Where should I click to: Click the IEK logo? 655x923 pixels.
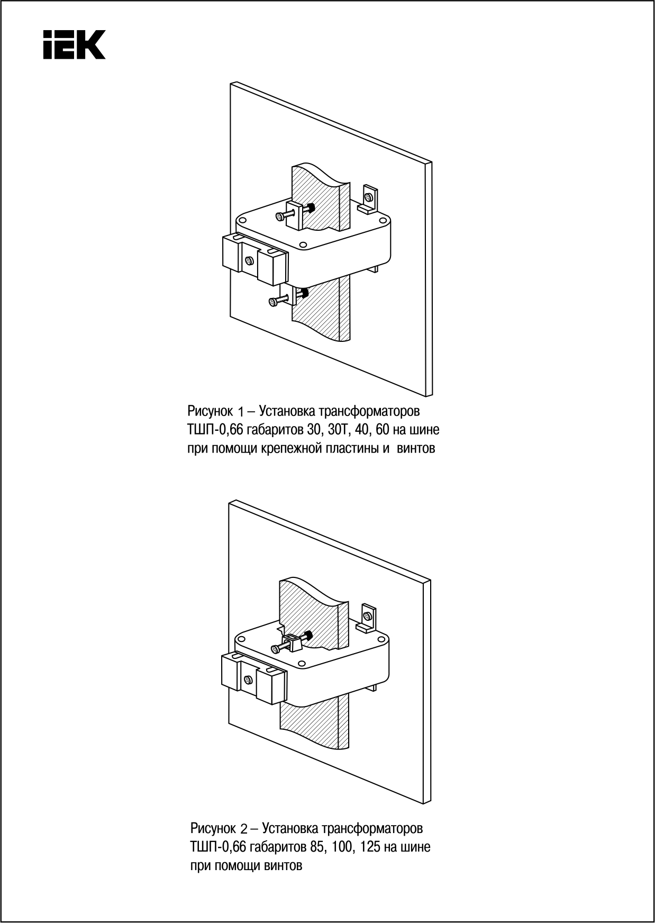point(74,44)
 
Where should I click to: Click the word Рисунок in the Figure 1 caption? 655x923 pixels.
point(210,411)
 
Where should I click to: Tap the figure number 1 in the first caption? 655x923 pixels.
point(240,412)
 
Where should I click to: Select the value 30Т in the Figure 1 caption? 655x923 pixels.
point(335,429)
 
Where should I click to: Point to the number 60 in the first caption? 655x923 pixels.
point(383,429)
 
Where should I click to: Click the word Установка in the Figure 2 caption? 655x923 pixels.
point(289,828)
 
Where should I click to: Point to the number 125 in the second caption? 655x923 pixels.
point(370,847)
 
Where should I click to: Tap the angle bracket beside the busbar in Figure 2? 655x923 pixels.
point(368,618)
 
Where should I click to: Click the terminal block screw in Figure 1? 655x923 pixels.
point(249,260)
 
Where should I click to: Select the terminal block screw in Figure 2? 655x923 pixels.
point(248,679)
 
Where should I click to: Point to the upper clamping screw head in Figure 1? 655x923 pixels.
point(279,216)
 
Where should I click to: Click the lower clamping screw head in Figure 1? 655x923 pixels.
point(273,302)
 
